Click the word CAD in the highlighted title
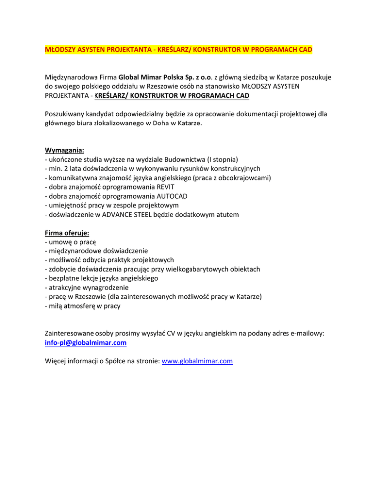click(305, 50)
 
